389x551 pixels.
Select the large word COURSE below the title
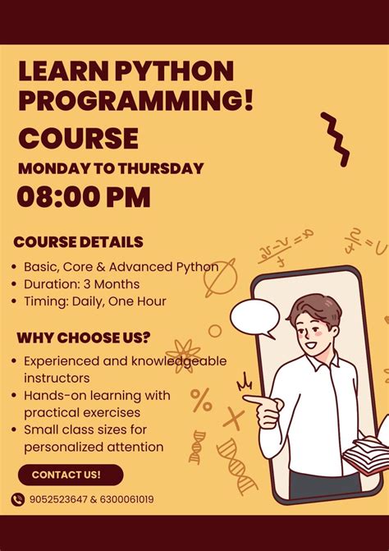coord(78,137)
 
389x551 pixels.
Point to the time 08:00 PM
coord(84,198)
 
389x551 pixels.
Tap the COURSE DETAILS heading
coord(79,242)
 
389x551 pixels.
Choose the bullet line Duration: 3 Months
coord(81,284)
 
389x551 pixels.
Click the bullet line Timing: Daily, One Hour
coord(94,301)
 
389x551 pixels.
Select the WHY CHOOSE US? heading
coord(84,337)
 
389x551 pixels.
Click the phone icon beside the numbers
coord(18,498)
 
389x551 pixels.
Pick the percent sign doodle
coord(201,399)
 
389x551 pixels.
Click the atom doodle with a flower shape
coord(182,356)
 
